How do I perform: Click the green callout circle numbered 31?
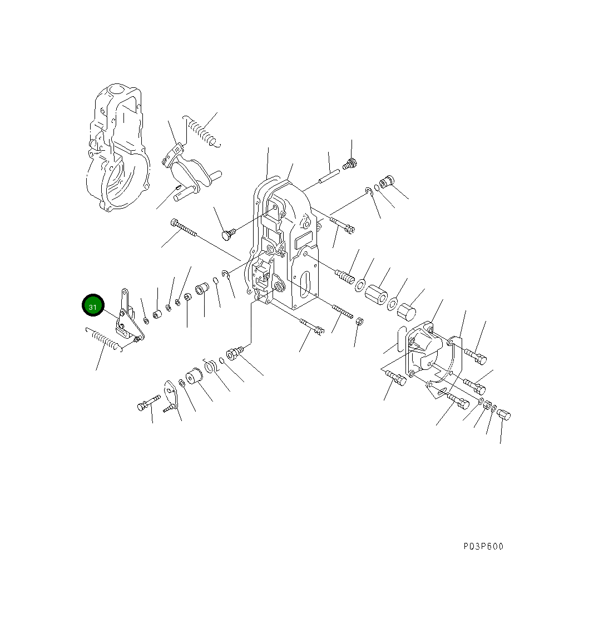93,306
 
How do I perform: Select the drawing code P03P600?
483,546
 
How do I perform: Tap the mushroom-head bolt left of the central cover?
227,234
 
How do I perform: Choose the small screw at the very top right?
350,164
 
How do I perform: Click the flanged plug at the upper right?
386,182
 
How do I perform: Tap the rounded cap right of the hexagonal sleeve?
407,313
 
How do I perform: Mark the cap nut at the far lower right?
503,414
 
